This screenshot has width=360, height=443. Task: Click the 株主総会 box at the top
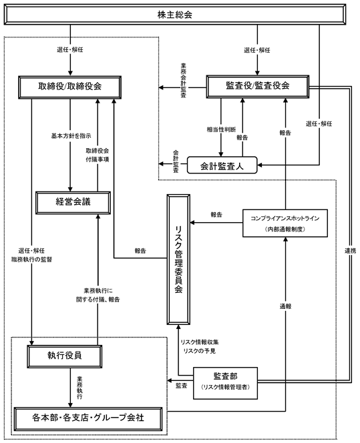175,15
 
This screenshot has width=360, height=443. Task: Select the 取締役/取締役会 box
70,87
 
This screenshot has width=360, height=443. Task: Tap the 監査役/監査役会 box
258,86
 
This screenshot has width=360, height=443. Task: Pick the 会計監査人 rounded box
222,165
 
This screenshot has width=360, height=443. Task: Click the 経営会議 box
73,203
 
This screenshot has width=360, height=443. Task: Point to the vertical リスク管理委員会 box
178,259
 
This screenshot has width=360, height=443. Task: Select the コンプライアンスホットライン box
285,223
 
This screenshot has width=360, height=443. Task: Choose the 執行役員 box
65,356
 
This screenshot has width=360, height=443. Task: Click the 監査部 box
225,383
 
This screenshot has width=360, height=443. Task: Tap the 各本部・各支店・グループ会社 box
88,418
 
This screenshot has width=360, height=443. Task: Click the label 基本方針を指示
71,136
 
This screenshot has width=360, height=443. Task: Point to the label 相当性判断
221,129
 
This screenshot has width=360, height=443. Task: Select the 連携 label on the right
351,251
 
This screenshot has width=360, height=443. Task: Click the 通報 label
285,306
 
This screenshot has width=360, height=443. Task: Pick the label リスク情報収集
200,342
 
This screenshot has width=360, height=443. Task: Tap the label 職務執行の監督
31,260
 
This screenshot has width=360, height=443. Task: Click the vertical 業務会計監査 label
184,80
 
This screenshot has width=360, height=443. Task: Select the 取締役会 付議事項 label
98,155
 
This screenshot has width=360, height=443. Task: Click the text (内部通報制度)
285,229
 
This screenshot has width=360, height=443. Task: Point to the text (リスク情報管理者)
225,387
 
